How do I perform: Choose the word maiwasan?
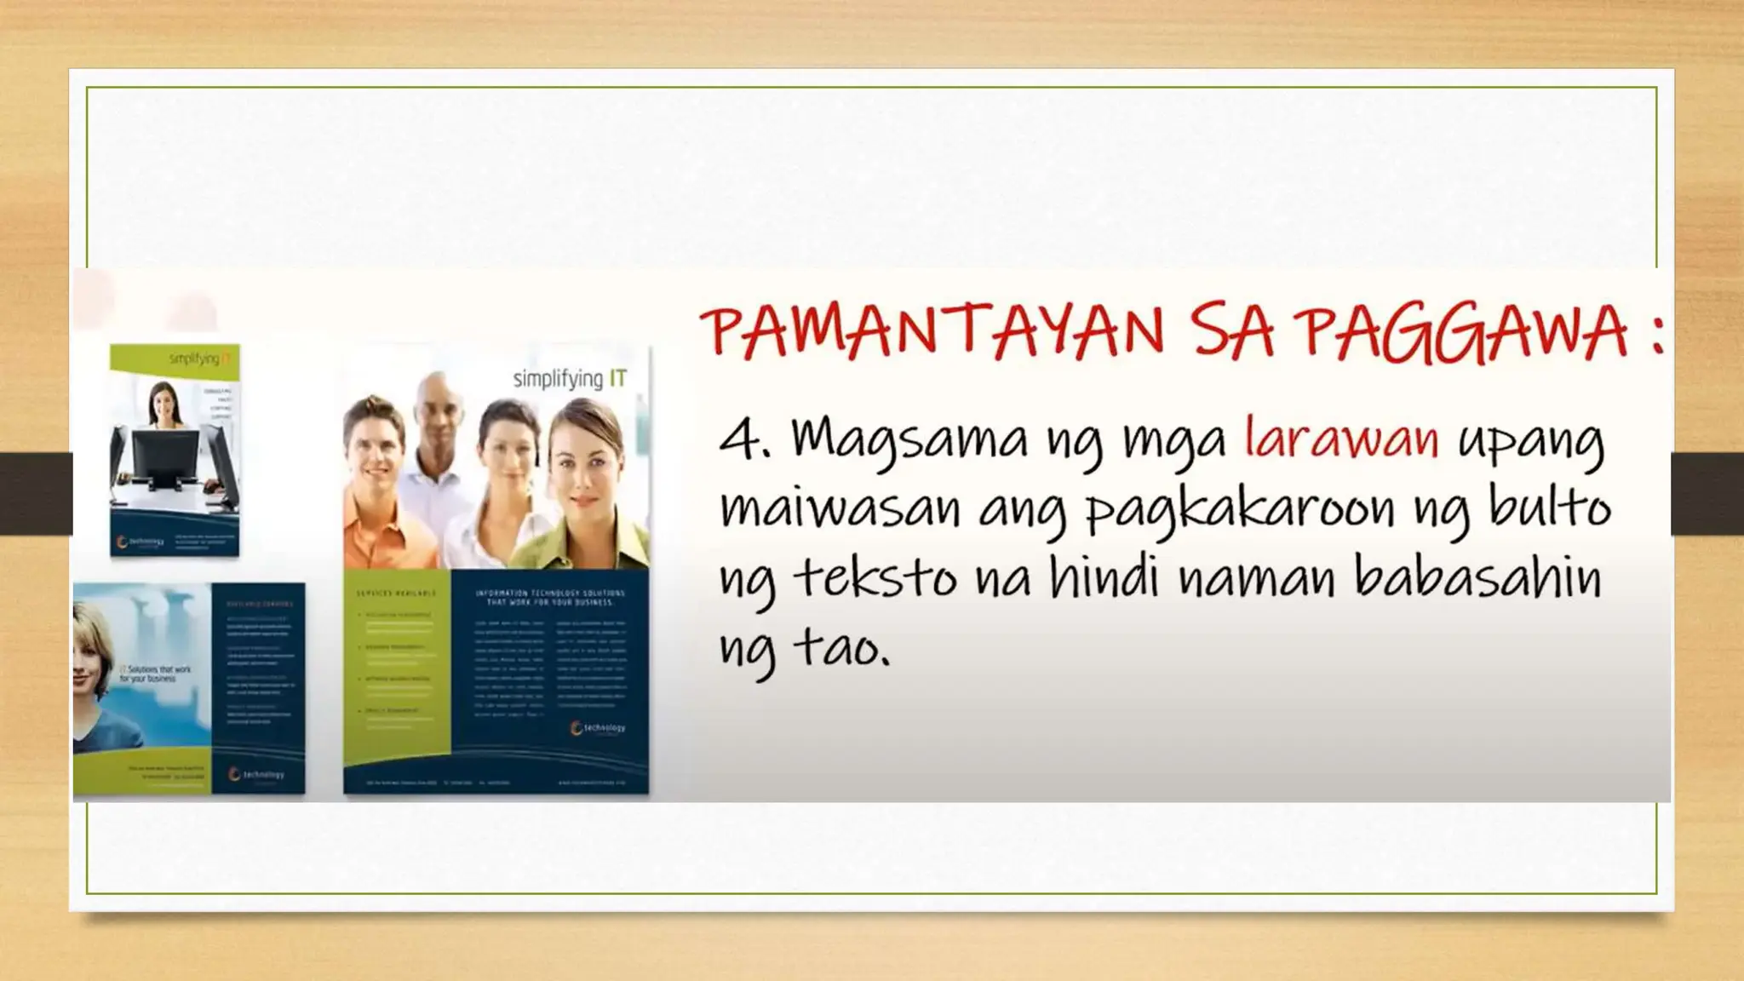(840, 509)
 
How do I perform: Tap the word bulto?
(1549, 508)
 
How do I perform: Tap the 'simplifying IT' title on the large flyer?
(570, 378)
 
